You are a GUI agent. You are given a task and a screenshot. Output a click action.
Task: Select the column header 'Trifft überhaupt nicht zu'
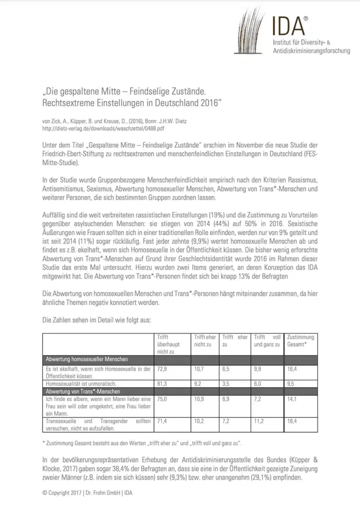(x=170, y=344)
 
